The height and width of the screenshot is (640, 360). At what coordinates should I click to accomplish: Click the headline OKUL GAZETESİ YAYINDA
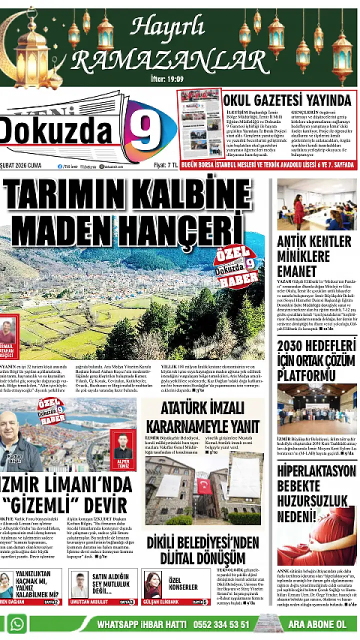click(287, 99)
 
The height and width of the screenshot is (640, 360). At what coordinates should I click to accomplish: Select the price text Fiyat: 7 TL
click(165, 166)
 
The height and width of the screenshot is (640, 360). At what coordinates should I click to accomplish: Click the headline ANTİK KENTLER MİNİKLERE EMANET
click(314, 256)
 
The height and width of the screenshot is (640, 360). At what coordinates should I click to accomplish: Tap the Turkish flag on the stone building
click(203, 485)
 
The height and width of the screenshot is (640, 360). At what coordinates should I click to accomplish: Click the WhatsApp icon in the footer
click(17, 624)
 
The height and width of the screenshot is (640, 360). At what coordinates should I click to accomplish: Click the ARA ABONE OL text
click(317, 624)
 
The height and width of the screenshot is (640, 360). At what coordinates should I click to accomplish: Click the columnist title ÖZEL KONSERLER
click(183, 583)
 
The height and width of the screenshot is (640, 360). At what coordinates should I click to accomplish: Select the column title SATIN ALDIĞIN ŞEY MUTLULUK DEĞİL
click(110, 583)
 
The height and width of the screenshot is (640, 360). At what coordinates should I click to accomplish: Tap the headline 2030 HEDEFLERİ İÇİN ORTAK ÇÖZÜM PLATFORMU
click(316, 360)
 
